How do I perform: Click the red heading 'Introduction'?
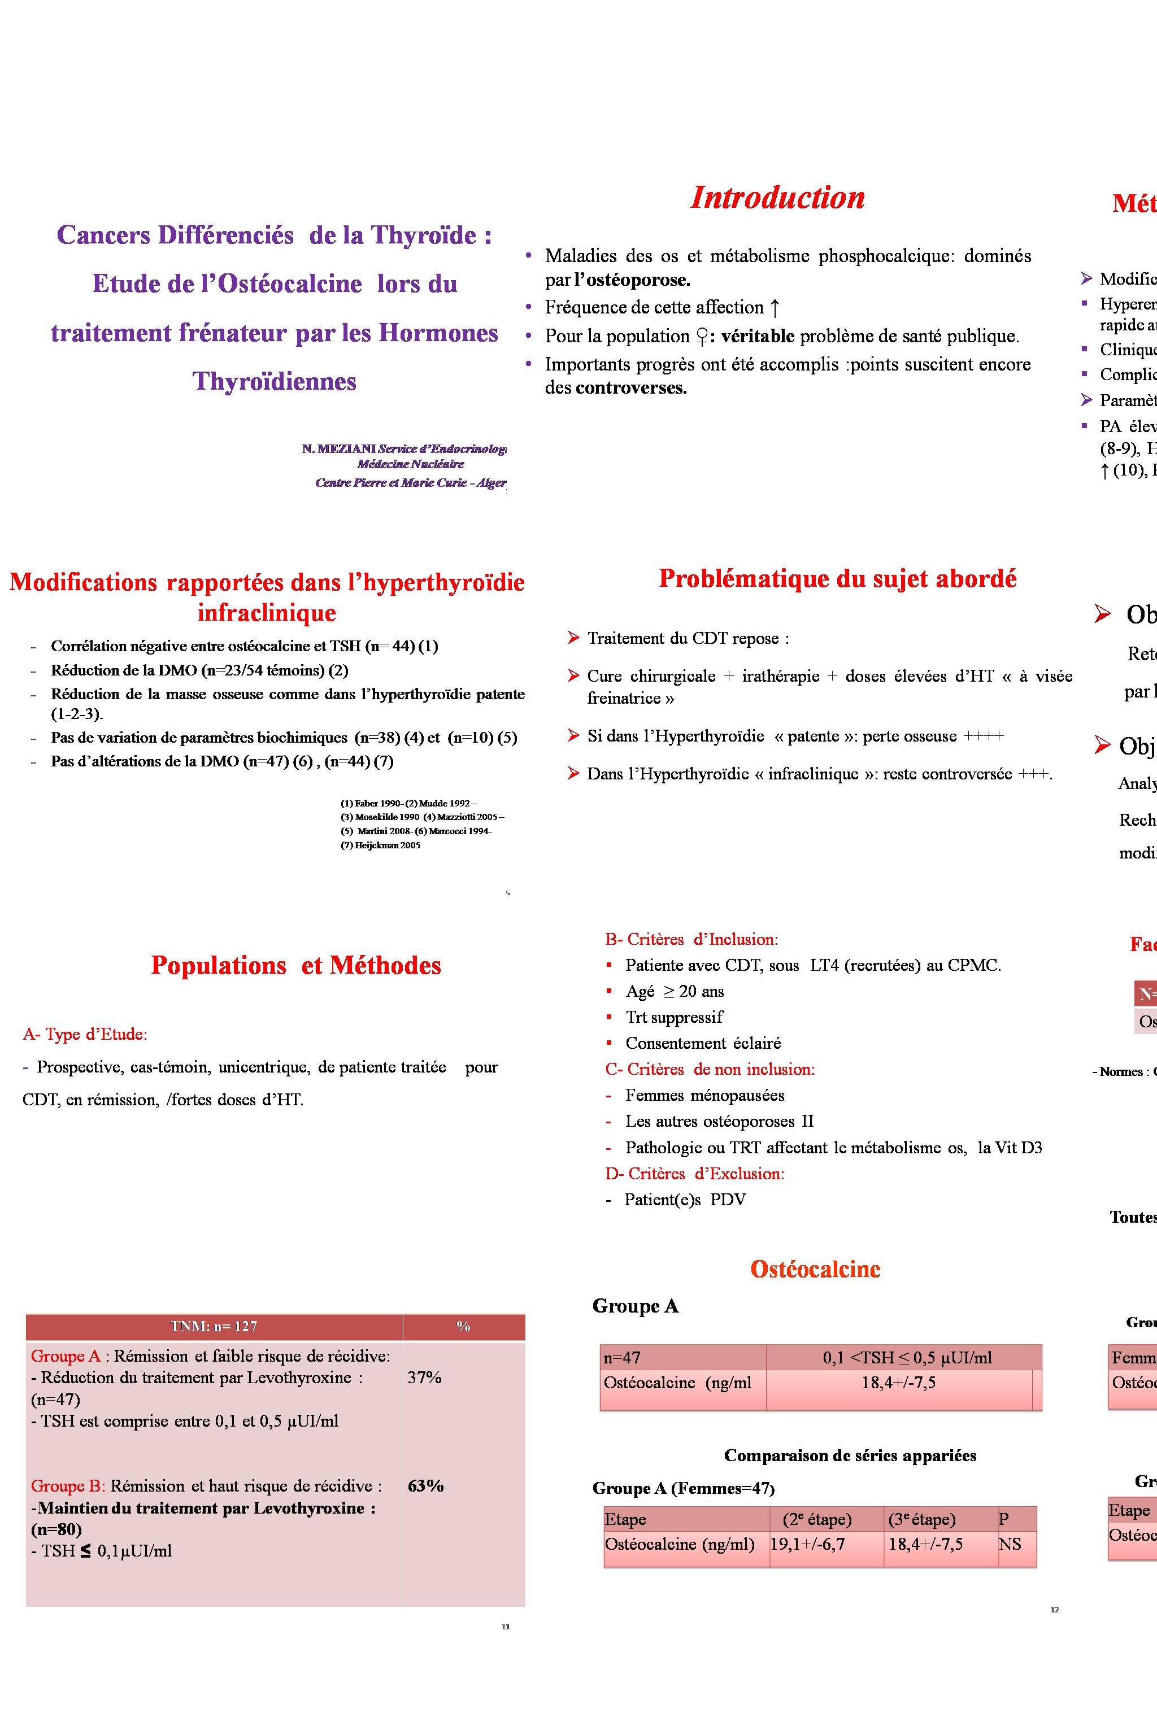[x=777, y=198]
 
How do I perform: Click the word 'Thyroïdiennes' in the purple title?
[x=275, y=381]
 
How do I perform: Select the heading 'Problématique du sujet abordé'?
[x=837, y=579]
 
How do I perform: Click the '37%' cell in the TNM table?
[x=424, y=1377]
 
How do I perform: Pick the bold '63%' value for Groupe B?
[x=426, y=1486]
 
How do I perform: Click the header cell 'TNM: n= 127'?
[x=214, y=1326]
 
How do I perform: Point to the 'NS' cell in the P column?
[x=1010, y=1544]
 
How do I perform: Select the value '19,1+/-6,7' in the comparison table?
[x=807, y=1544]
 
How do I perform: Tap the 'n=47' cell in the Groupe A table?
[x=621, y=1357]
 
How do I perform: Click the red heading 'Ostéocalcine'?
[x=815, y=1269]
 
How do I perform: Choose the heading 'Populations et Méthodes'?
[x=296, y=966]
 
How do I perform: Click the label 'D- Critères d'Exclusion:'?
[x=694, y=1173]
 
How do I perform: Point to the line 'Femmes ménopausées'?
[x=704, y=1096]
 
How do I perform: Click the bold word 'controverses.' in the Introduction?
[x=631, y=388]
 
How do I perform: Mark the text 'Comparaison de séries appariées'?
[x=850, y=1455]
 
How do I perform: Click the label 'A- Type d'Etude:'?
[x=85, y=1034]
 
